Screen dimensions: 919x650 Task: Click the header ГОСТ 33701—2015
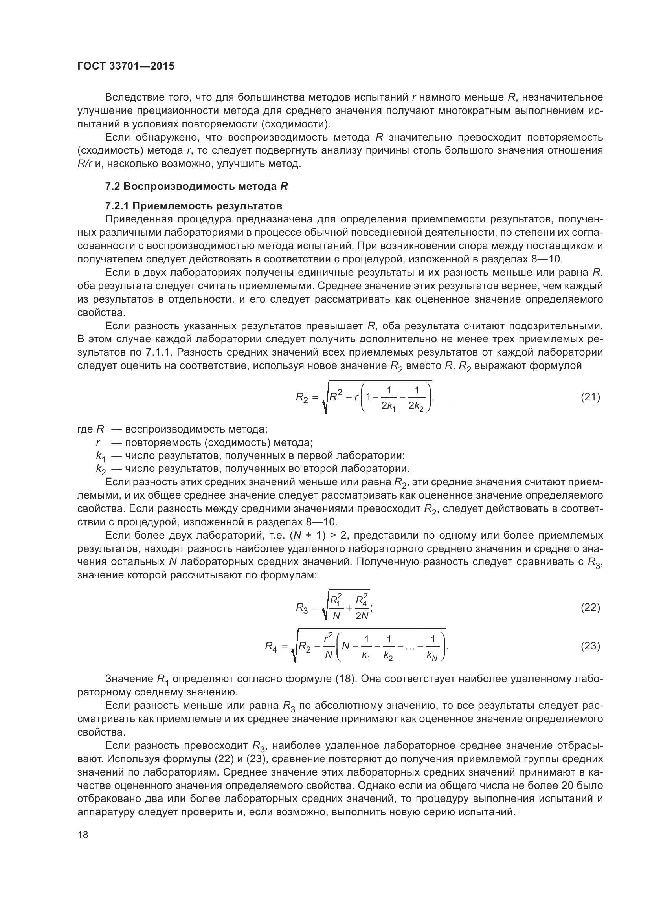pyautogui.click(x=126, y=66)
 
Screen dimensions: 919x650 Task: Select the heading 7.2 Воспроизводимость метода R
pyautogui.click(x=196, y=187)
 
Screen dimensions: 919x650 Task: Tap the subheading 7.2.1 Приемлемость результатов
pyautogui.click(x=193, y=206)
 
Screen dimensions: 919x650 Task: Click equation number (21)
pyautogui.click(x=590, y=397)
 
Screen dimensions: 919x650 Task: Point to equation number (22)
pyautogui.click(x=590, y=608)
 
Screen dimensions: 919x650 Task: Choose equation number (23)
pyautogui.click(x=590, y=646)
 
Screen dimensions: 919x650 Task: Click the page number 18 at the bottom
pyautogui.click(x=83, y=835)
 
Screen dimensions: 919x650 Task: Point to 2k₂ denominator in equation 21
pyautogui.click(x=416, y=406)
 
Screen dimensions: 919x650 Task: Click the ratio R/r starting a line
pyautogui.click(x=85, y=164)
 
